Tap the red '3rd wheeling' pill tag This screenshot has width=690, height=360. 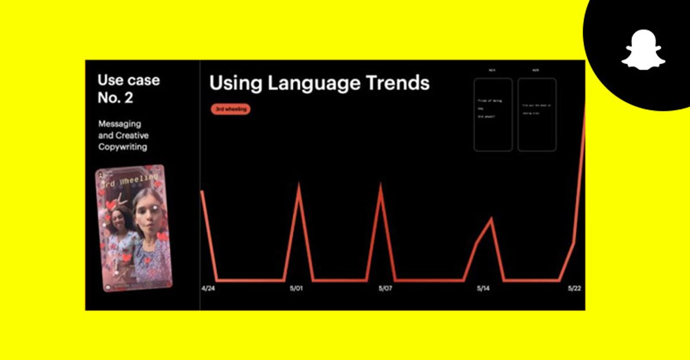230,109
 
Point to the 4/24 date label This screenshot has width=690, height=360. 208,289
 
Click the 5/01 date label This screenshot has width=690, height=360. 296,289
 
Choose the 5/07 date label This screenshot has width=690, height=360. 385,289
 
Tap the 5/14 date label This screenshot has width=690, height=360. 484,289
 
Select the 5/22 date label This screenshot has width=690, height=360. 574,289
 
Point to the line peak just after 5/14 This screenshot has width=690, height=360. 490,219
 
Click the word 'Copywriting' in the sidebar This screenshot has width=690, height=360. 122,147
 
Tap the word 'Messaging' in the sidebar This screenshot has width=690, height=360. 120,124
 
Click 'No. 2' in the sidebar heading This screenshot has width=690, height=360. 115,98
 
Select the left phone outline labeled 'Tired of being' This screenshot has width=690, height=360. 493,114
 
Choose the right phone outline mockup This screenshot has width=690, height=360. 536,114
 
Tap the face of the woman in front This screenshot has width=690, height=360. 149,216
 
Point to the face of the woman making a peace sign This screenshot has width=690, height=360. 118,220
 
